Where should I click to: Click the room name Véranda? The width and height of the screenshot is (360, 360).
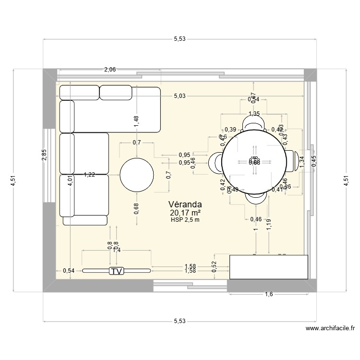[185, 204]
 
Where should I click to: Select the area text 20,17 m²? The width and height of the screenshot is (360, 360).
[185, 213]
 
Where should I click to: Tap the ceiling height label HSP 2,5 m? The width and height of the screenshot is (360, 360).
[185, 220]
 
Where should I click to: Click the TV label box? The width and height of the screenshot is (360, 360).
[116, 271]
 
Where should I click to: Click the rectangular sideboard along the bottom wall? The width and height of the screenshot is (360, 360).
[268, 267]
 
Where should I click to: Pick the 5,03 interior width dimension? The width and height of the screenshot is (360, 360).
[179, 96]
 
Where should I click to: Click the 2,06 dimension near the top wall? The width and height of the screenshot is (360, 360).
[110, 70]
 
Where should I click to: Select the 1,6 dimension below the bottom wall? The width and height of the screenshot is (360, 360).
[269, 294]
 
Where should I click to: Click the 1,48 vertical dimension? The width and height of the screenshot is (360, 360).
[137, 121]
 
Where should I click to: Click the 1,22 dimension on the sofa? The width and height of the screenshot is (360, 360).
[89, 175]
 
